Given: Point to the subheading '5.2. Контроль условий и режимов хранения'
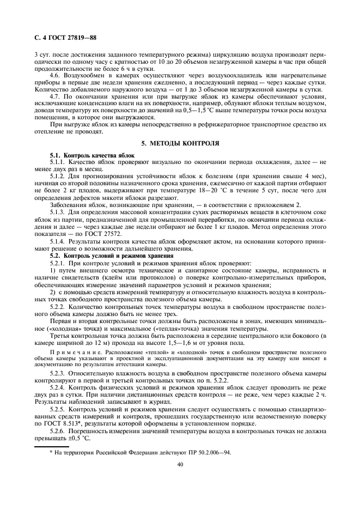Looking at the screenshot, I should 105,255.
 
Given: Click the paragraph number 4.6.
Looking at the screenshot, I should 56,75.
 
